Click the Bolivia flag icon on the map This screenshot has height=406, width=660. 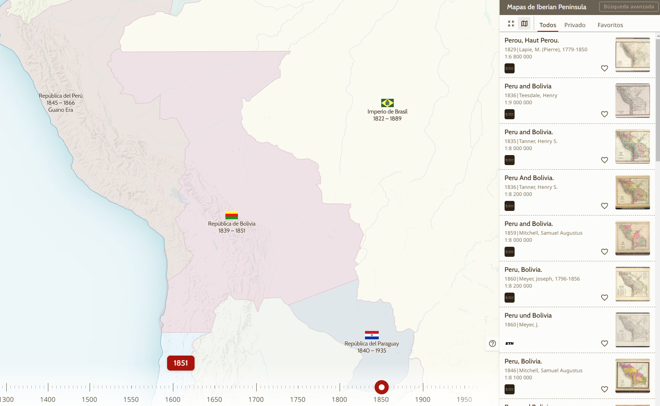coord(232,215)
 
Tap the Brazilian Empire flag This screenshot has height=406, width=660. coord(387,103)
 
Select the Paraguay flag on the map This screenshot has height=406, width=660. coord(372,335)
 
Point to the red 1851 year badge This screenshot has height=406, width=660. coord(181,363)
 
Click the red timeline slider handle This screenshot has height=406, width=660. coord(381,387)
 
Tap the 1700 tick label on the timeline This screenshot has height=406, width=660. coord(256,399)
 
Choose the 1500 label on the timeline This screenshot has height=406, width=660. coord(89,399)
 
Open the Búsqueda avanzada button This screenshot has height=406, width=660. coord(629,7)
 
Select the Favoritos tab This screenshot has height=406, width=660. coord(610,25)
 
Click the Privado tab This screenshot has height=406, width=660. coord(575,25)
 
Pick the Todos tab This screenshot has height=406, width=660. coord(547,25)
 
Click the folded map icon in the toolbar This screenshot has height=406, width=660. coord(524,24)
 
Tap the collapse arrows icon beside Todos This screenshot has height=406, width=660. coord(511,24)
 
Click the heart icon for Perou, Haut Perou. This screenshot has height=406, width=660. coord(604,68)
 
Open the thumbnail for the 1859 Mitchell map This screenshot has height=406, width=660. coord(632,238)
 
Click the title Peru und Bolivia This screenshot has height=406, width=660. coord(528,316)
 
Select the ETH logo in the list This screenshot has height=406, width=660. coord(509,343)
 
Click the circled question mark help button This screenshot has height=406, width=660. coord(492,343)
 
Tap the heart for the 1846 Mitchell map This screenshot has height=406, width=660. coord(604,389)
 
